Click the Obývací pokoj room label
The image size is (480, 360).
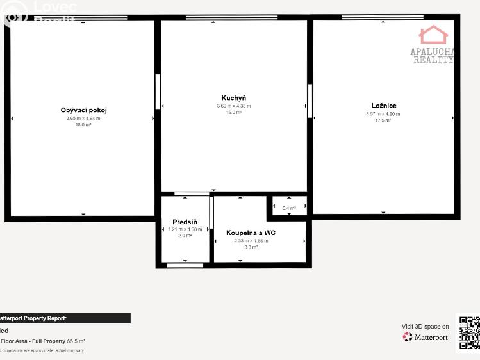pos(83,110)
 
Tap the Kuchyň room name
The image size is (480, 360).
pos(234,98)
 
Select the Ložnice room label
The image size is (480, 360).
pos(383,106)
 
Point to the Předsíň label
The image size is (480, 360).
pos(185,222)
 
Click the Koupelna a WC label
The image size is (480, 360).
pos(251,233)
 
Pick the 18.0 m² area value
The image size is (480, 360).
pos(83,125)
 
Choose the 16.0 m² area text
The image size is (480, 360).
pos(234,113)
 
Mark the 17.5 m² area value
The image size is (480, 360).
pos(383,120)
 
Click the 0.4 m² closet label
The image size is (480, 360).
pos(289,208)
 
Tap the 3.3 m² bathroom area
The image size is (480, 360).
pos(251,247)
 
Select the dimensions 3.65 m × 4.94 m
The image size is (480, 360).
pos(83,118)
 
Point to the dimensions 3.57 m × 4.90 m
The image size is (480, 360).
pos(383,113)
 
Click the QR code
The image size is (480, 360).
pos(469,332)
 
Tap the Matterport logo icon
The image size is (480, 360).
pos(408,337)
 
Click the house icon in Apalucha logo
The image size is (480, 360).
pos(433,35)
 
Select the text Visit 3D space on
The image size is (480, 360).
pos(425,327)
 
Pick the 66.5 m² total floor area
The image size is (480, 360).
pos(76,341)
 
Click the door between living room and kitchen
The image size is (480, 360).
pos(158,92)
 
